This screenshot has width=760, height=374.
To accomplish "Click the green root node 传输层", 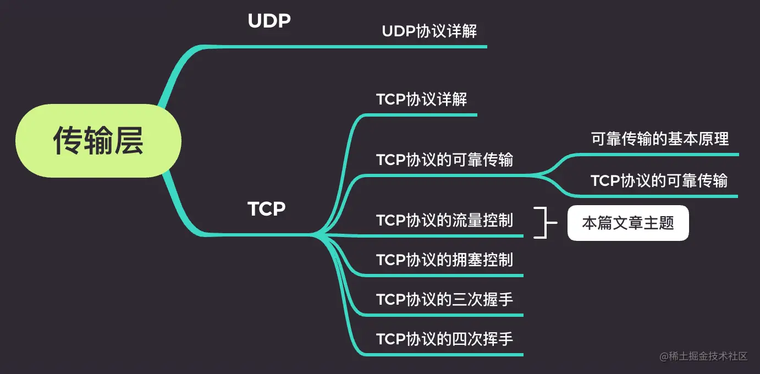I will [x=98, y=141].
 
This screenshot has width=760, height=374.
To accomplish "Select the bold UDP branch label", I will [x=269, y=21].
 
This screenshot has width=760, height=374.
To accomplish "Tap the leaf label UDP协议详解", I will [x=429, y=31].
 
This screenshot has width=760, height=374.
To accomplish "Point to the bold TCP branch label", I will [x=266, y=209].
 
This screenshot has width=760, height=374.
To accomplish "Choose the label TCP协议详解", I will [x=422, y=100].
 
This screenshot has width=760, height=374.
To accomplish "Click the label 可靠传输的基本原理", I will [x=660, y=139].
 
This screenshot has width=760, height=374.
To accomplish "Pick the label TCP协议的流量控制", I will [x=444, y=220].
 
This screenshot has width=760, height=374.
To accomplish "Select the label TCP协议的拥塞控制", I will [x=444, y=260].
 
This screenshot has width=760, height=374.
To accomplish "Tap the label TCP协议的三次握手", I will [x=444, y=299].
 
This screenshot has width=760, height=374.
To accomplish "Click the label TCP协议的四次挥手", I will [x=444, y=339].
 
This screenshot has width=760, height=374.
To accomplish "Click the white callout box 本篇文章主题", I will [x=628, y=223].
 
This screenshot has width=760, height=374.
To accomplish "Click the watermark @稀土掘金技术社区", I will [x=704, y=356].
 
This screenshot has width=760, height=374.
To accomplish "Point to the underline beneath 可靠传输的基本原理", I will [x=660, y=155].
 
